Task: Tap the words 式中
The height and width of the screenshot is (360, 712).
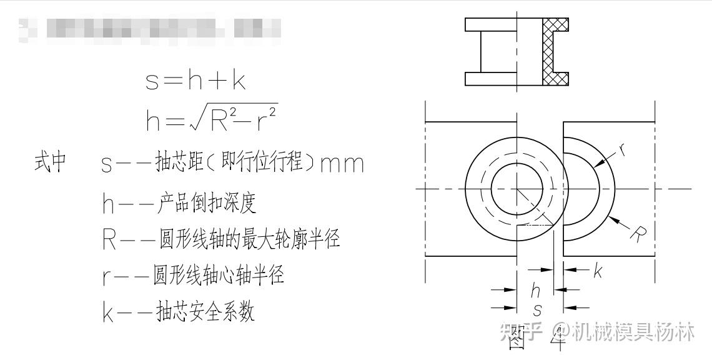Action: tap(50, 164)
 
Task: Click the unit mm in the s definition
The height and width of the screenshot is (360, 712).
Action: tap(341, 165)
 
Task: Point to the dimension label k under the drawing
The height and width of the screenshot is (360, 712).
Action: tap(596, 271)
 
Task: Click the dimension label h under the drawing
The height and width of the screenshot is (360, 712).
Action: tap(535, 291)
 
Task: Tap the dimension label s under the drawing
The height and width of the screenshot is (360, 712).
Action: tap(538, 309)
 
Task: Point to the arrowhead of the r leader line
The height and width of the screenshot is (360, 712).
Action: tap(596, 165)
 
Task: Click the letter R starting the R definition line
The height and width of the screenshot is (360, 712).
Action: tap(110, 239)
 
